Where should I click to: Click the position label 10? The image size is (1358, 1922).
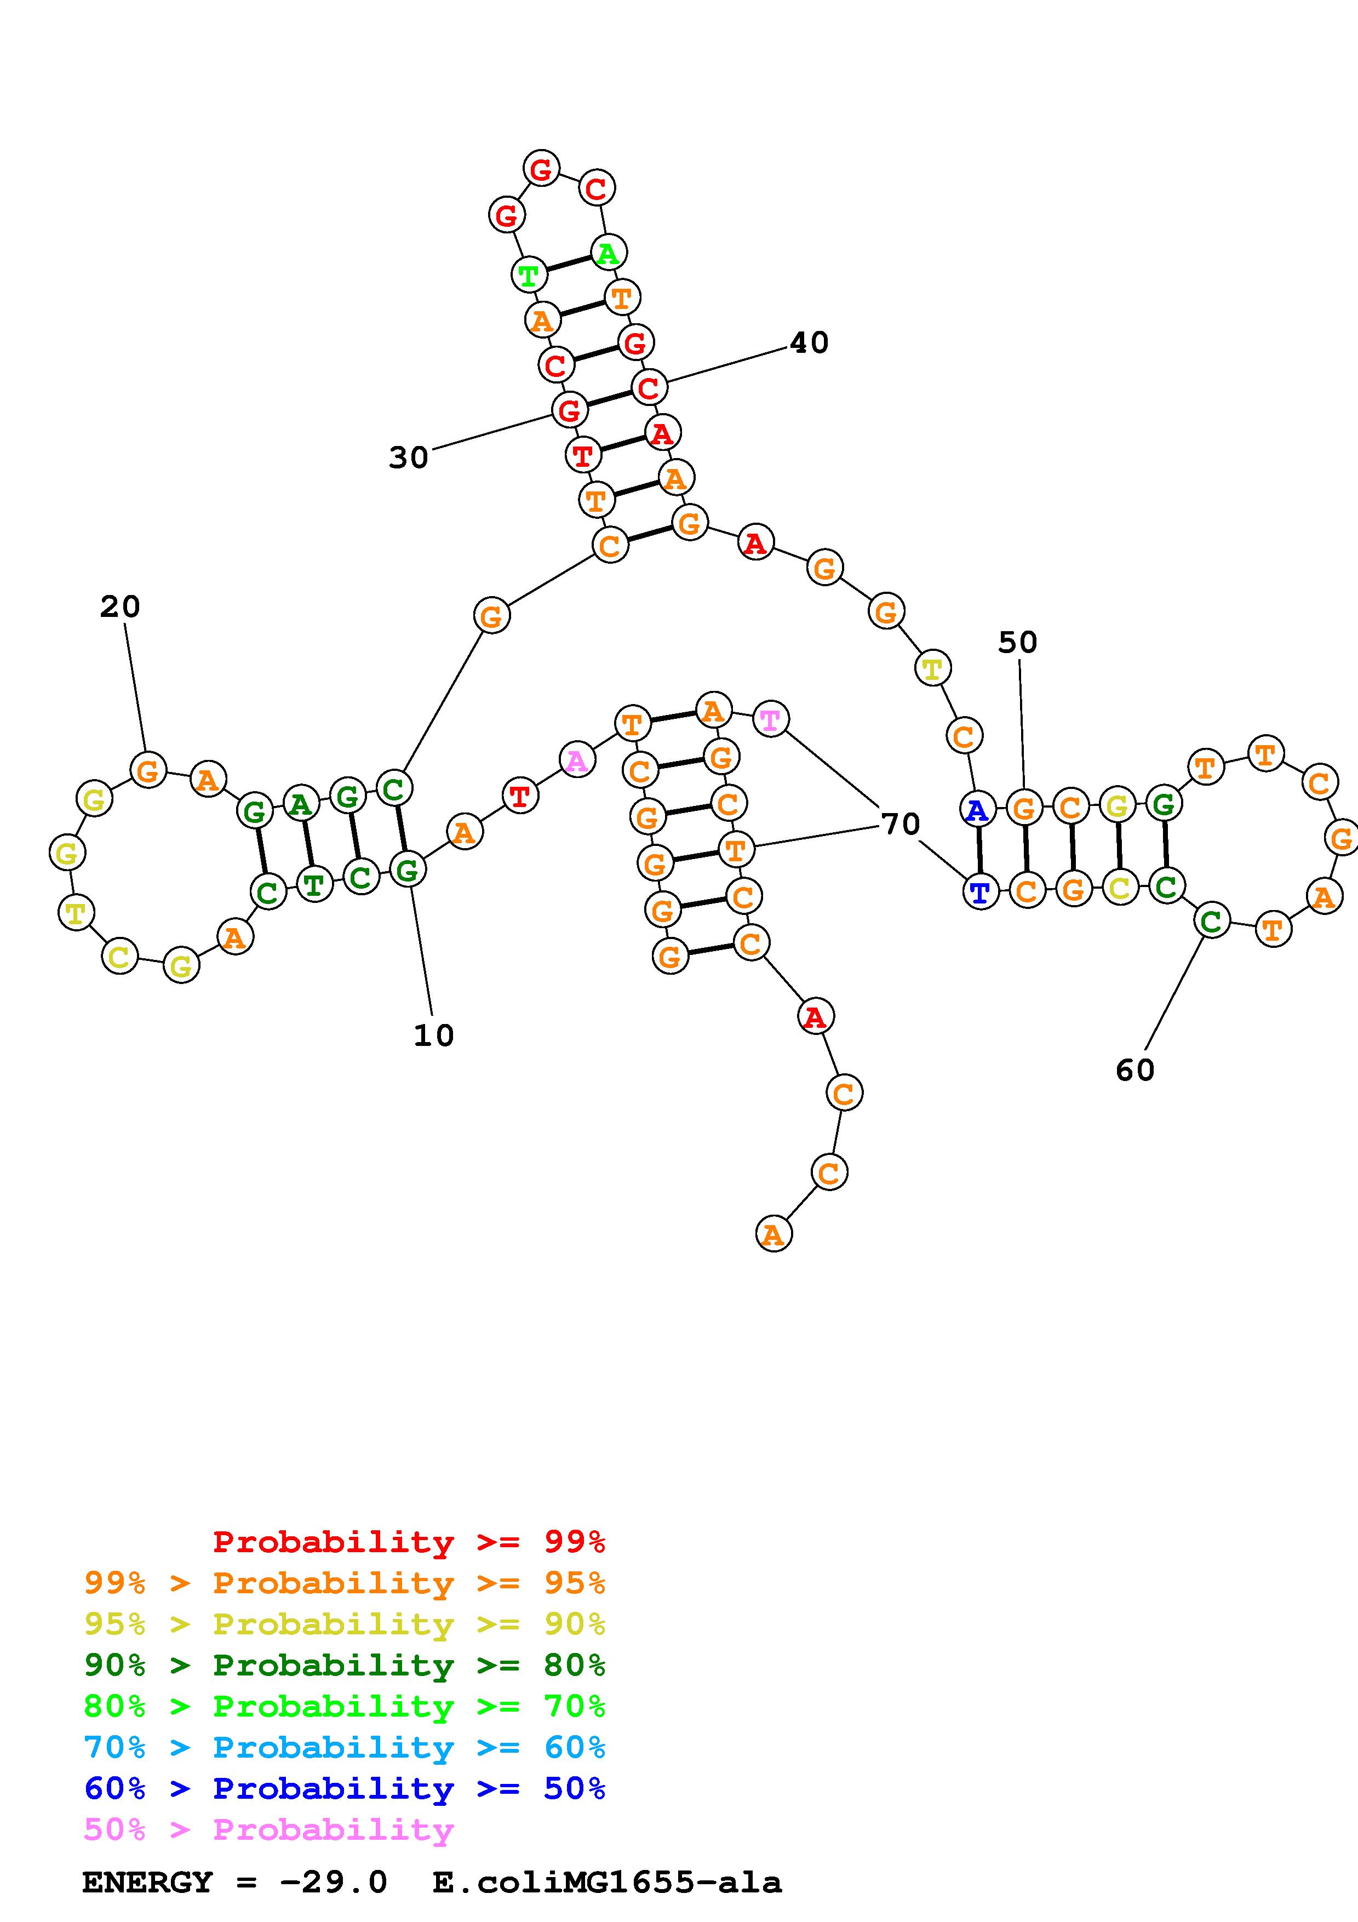[x=433, y=1036]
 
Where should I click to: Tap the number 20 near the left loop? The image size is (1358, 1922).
[x=119, y=606]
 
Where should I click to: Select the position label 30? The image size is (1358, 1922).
[x=408, y=458]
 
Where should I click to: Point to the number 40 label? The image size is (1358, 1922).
[x=809, y=342]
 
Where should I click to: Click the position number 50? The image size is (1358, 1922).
[x=1017, y=642]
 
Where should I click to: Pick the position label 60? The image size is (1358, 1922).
[x=1134, y=1070]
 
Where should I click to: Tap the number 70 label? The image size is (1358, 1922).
[x=901, y=825]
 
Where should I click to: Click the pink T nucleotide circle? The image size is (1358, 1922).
[x=770, y=719]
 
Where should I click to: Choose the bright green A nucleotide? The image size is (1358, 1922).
[x=608, y=252]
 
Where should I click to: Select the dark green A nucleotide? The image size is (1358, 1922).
[x=300, y=804]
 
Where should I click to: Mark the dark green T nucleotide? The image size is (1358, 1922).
[x=314, y=884]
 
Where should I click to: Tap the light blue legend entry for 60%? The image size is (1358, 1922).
[x=345, y=1748]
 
